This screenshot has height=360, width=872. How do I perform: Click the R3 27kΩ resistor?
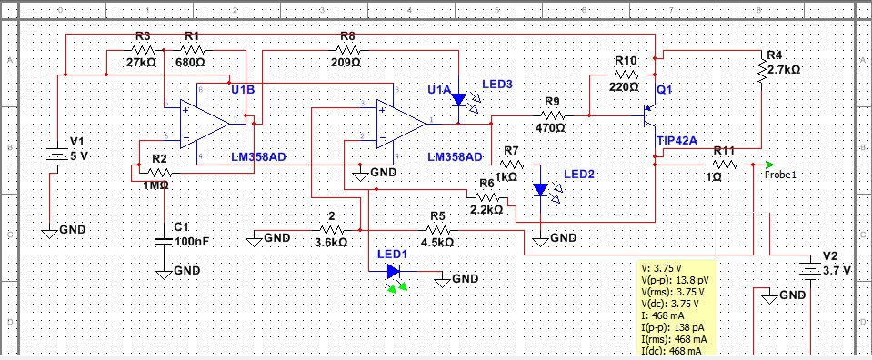click(143, 51)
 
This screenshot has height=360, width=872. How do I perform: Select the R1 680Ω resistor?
click(192, 51)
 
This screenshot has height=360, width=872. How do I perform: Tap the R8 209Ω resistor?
click(346, 51)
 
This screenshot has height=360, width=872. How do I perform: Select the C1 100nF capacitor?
click(164, 242)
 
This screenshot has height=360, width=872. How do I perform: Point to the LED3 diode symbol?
click(458, 98)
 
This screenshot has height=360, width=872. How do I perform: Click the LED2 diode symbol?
click(541, 189)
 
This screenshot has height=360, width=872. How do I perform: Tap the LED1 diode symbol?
click(393, 270)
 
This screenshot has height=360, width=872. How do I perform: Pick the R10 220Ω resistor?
click(626, 74)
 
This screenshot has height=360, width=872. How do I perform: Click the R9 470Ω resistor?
click(550, 115)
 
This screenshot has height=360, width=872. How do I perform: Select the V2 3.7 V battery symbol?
click(807, 269)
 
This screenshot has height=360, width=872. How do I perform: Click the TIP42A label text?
click(676, 141)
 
